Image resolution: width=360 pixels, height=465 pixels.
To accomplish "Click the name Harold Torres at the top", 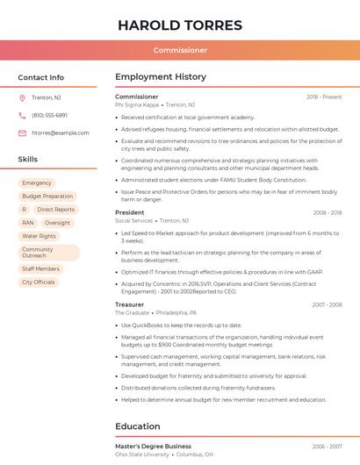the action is click(x=180, y=24).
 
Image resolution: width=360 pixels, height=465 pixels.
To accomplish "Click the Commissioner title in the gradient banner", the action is click(x=180, y=50).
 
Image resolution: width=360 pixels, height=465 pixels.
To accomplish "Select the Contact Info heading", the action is click(x=41, y=77).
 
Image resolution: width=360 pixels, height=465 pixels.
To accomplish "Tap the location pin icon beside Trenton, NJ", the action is click(x=22, y=97).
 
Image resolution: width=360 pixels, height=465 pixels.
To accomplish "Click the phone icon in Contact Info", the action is click(x=22, y=115).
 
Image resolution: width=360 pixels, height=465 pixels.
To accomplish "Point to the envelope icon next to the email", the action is click(x=22, y=132).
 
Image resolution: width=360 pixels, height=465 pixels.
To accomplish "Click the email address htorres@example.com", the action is click(x=61, y=132).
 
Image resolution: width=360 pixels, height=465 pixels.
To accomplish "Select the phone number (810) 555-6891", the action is click(x=49, y=115).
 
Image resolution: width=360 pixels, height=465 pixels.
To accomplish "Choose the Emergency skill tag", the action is click(x=37, y=183).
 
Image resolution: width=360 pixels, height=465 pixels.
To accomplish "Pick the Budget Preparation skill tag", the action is click(x=47, y=197).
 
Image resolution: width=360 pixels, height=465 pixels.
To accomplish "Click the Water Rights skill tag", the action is click(x=39, y=236).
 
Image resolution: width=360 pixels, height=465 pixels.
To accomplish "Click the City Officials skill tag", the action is click(x=39, y=283).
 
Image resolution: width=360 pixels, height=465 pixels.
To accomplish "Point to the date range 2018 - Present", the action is click(x=324, y=97).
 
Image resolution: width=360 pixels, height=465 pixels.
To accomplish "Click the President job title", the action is click(x=130, y=212).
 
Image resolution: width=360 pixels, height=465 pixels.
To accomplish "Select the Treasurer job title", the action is click(x=130, y=304).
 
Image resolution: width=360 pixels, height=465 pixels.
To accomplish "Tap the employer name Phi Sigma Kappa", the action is click(x=137, y=104).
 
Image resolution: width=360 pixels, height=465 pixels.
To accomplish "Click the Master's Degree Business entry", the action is click(x=153, y=446).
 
